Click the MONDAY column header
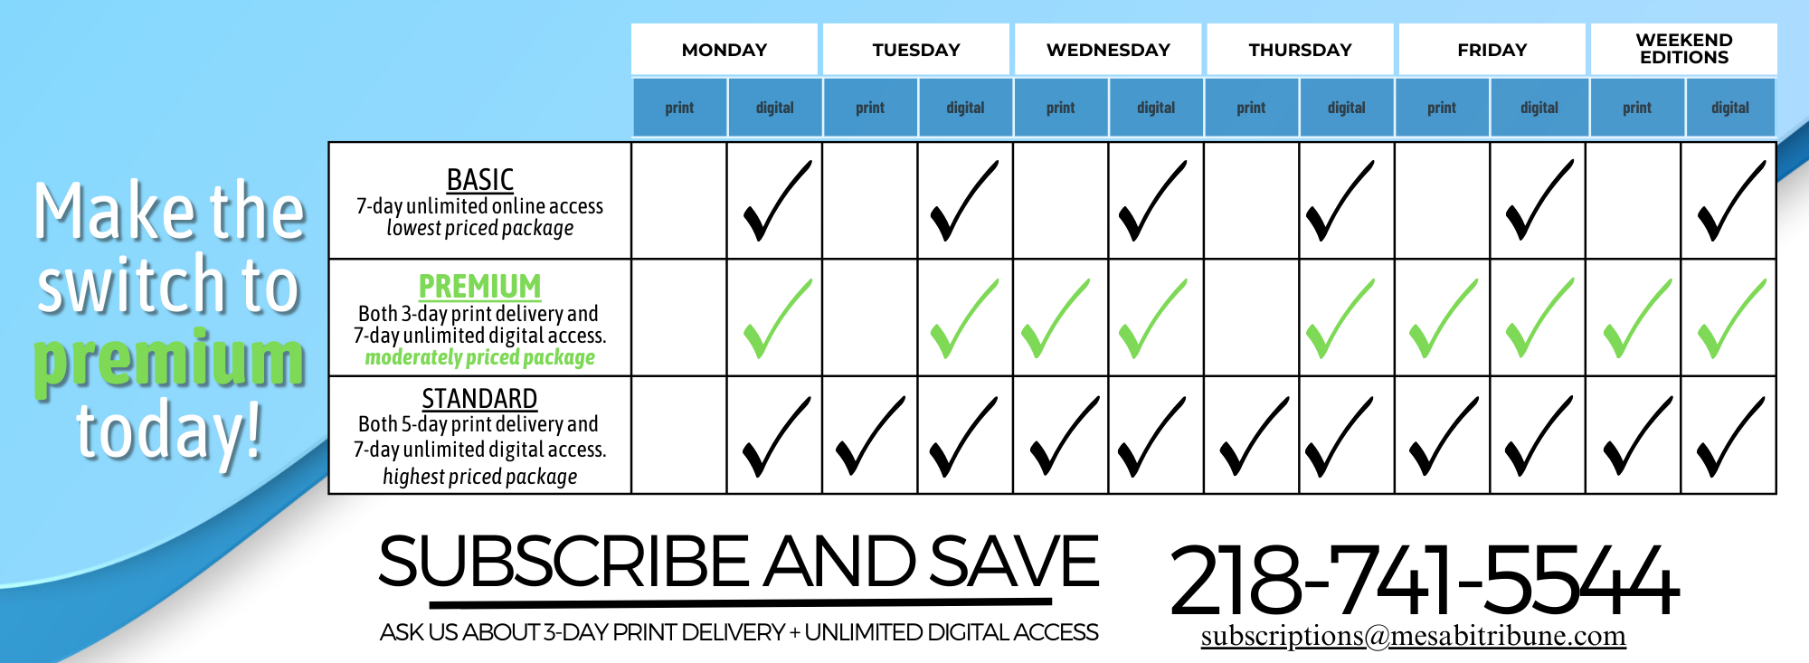pyautogui.click(x=725, y=50)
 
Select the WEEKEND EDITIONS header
pyautogui.click(x=1684, y=49)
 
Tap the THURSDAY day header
pyautogui.click(x=1300, y=50)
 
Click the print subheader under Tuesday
pyautogui.click(x=870, y=108)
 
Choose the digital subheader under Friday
pyautogui.click(x=1539, y=108)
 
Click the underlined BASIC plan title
pyautogui.click(x=480, y=179)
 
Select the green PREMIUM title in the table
pyautogui.click(x=479, y=287)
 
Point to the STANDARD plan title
pyautogui.click(x=479, y=399)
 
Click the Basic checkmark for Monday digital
pyautogui.click(x=776, y=201)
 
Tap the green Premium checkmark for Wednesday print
pyautogui.click(x=1056, y=318)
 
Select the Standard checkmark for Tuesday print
pyautogui.click(x=869, y=436)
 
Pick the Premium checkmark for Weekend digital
pyautogui.click(x=1731, y=318)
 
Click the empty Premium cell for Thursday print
pyautogui.click(x=1252, y=317)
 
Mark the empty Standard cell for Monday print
pyautogui.click(x=679, y=435)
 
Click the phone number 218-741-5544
pyautogui.click(x=1425, y=579)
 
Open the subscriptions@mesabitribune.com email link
pyautogui.click(x=1413, y=636)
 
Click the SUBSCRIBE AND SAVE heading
pyautogui.click(x=738, y=561)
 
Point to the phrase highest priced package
pyautogui.click(x=479, y=477)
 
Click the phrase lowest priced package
pyautogui.click(x=479, y=228)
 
